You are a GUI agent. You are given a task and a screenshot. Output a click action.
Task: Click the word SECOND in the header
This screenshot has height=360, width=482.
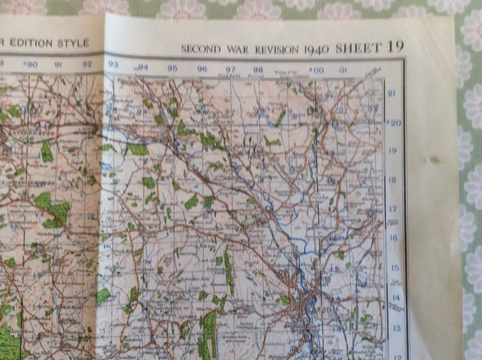[x=200, y=49]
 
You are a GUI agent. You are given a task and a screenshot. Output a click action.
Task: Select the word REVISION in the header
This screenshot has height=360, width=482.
[x=276, y=49]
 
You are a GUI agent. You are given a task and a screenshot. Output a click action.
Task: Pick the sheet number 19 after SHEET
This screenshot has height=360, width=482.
[x=395, y=46]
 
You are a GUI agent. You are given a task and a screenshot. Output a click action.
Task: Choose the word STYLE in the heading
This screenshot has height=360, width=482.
[x=75, y=43]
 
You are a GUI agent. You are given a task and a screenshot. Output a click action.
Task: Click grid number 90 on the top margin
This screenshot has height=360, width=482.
[x=30, y=65]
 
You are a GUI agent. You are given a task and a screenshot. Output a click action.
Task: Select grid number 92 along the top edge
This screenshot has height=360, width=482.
[x=87, y=65]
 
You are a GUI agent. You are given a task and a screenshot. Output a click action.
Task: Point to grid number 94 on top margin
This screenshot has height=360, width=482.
[x=143, y=67]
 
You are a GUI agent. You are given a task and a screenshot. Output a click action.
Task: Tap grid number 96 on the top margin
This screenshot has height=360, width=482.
[x=201, y=69]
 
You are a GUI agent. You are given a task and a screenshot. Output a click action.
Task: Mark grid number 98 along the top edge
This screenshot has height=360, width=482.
[x=258, y=69]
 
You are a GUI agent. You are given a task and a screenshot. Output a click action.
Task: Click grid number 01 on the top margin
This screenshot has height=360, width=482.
[x=343, y=71]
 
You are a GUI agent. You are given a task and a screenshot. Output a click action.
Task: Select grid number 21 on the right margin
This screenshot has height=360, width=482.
[x=392, y=93]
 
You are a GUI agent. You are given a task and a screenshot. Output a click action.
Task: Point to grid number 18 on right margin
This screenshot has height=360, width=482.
[x=392, y=180]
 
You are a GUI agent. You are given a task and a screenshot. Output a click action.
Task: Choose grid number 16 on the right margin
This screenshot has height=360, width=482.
[x=393, y=238]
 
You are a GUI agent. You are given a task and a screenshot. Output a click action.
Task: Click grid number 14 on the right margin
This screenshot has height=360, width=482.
[x=394, y=297]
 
